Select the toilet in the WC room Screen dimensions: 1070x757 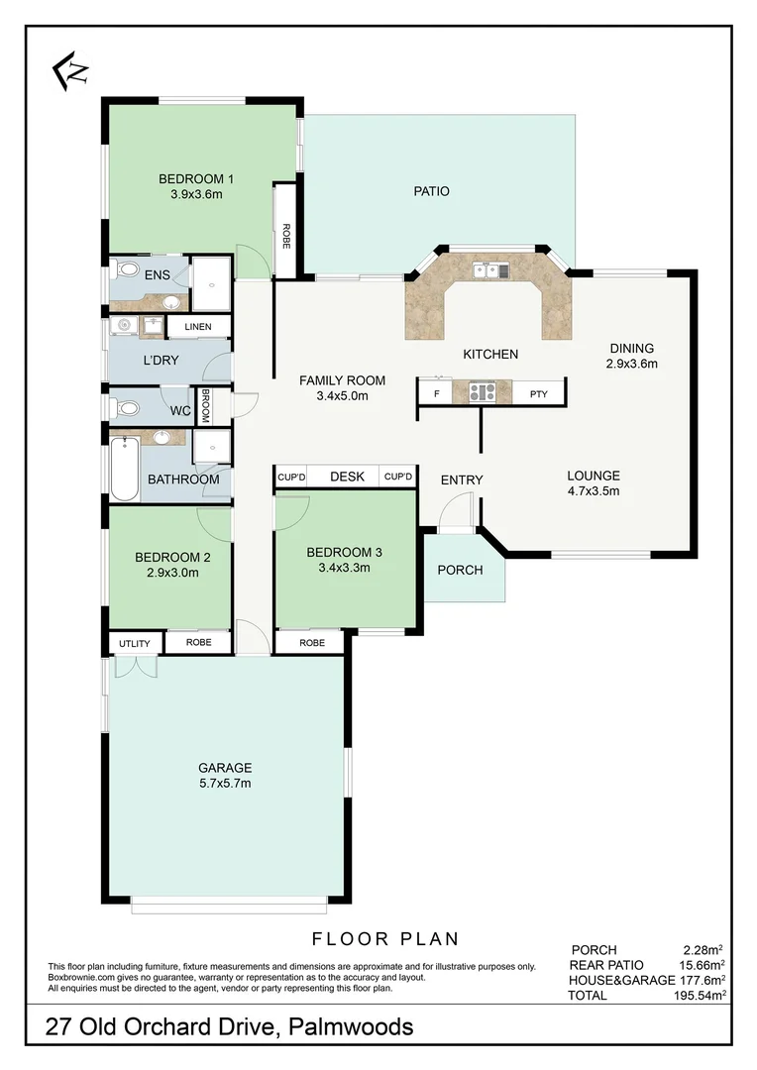pos(126,407)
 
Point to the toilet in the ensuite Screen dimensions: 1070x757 pos(126,269)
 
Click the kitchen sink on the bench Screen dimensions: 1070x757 pos(489,268)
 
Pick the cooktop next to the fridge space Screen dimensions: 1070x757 pos(482,392)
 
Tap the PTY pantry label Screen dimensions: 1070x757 pos(538,393)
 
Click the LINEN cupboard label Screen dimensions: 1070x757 pos(198,326)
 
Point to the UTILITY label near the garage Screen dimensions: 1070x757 pos(135,644)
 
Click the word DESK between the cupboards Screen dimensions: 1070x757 pos(347,477)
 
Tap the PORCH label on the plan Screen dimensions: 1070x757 pos(460,570)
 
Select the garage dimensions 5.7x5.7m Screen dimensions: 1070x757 pos(225,784)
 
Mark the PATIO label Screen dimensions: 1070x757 pos(431,191)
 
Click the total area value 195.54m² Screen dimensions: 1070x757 pos(697,994)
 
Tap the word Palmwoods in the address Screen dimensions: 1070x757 pos(351,1027)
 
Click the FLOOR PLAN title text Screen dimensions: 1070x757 pos(385,938)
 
